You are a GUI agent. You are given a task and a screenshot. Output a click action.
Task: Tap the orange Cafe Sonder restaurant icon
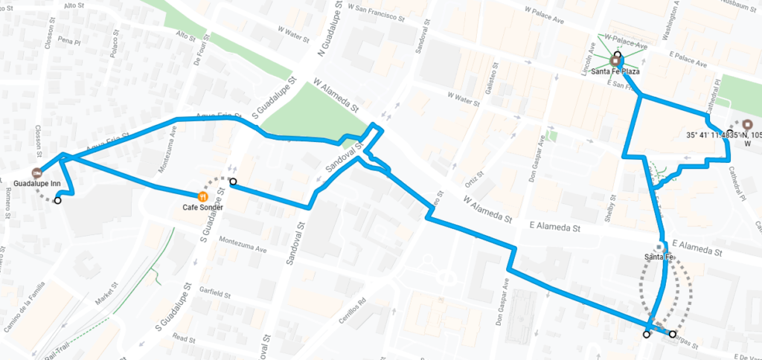pos(202,196)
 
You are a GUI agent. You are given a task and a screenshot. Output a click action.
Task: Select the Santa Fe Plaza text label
pos(615,72)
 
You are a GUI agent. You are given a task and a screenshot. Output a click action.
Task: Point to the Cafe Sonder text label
pos(202,208)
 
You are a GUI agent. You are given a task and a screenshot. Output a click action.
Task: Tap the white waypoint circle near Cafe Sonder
pos(233,181)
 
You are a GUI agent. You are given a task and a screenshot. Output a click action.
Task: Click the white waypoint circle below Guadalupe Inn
pos(58,200)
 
